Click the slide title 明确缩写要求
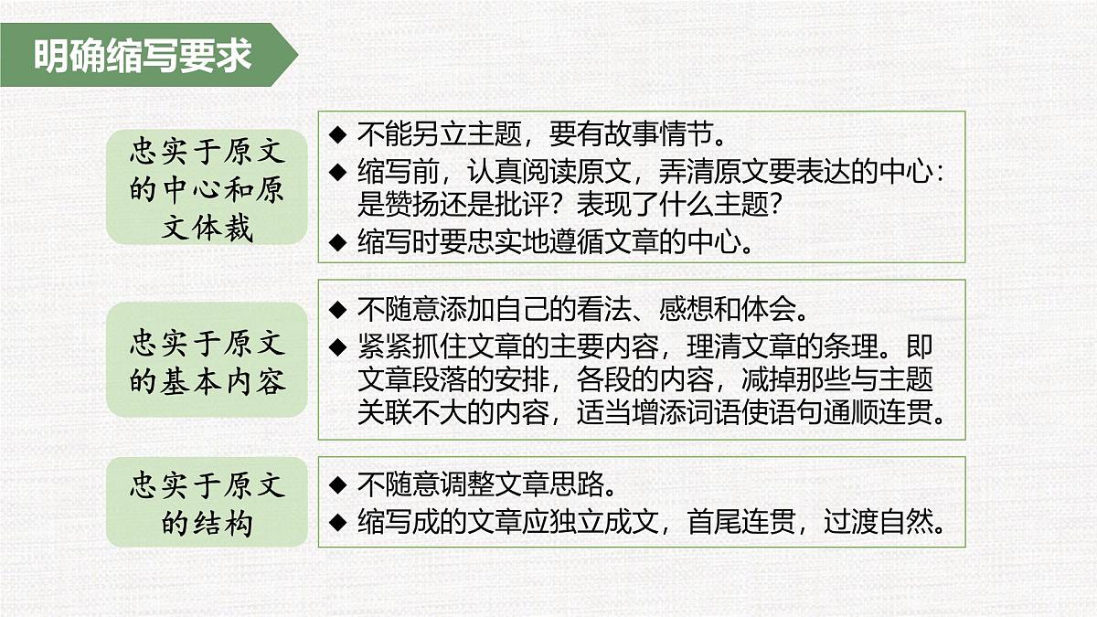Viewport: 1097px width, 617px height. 143,55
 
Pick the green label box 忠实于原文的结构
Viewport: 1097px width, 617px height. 207,503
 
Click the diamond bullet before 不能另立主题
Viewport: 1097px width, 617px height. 337,134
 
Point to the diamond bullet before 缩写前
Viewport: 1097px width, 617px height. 337,171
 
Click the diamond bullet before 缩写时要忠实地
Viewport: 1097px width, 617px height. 337,241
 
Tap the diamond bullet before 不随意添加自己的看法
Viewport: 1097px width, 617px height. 337,309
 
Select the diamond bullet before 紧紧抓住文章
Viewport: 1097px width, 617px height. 337,346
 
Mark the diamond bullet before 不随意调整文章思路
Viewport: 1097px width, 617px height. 337,483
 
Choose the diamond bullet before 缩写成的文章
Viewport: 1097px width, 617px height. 337,521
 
